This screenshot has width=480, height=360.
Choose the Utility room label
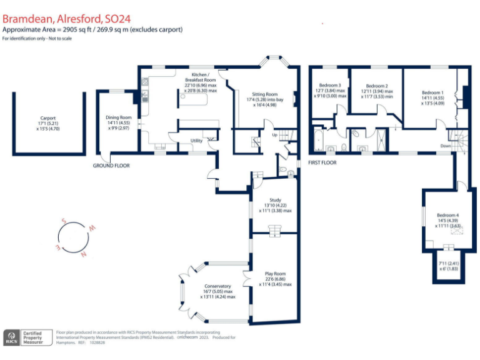pos(196,141)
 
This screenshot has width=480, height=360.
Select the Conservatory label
pos(217,286)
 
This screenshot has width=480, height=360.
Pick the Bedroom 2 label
pos(377,86)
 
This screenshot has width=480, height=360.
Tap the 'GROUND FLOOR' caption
pos(112,166)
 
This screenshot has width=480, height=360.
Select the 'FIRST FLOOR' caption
pos(322,162)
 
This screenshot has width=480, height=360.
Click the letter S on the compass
pos(63,220)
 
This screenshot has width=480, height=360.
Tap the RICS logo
pos(12,337)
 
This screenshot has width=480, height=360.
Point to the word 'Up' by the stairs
pos(274,134)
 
